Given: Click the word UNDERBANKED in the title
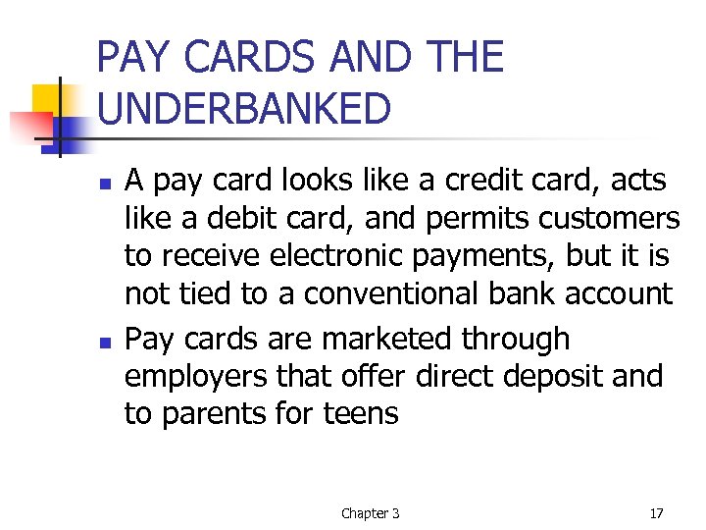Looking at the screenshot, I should pyautogui.click(x=244, y=109).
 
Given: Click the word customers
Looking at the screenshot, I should pyautogui.click(x=605, y=218).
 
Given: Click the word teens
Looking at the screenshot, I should pyautogui.click(x=362, y=413).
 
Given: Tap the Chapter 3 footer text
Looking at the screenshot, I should pyautogui.click(x=370, y=512).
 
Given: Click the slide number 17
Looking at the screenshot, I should pyautogui.click(x=656, y=512).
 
